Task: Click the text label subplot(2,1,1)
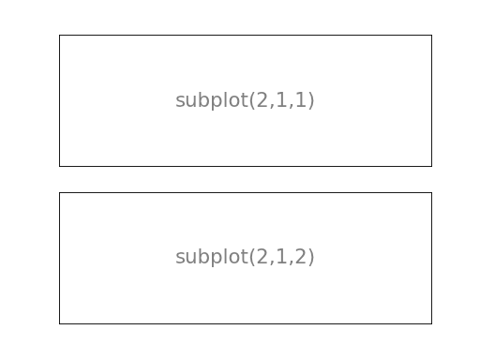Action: tap(245, 100)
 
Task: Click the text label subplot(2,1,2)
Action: tap(245, 257)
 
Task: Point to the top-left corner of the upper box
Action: tap(59, 35)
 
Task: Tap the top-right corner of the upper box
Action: tap(431, 35)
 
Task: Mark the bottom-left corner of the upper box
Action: tap(59, 166)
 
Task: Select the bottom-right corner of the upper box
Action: tap(431, 166)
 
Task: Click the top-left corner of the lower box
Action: tap(59, 192)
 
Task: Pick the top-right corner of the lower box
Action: tap(431, 192)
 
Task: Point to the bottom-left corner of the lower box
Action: tap(59, 323)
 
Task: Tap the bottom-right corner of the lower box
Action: tap(431, 323)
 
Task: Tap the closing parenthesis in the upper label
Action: tap(311, 100)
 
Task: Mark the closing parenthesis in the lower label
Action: tap(311, 257)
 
